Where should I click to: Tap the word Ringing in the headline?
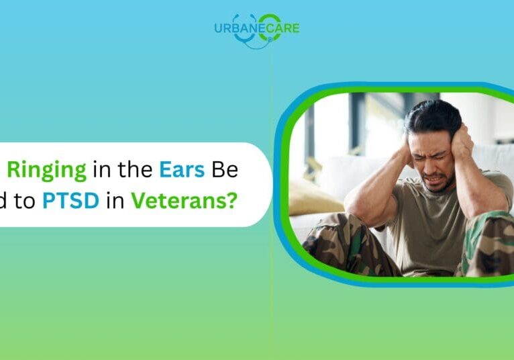[x=47, y=171]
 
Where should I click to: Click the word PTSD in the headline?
[x=71, y=200]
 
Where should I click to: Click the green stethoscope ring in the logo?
[x=269, y=24]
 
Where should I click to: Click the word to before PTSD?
[x=26, y=200]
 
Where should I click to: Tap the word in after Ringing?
[x=103, y=171]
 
